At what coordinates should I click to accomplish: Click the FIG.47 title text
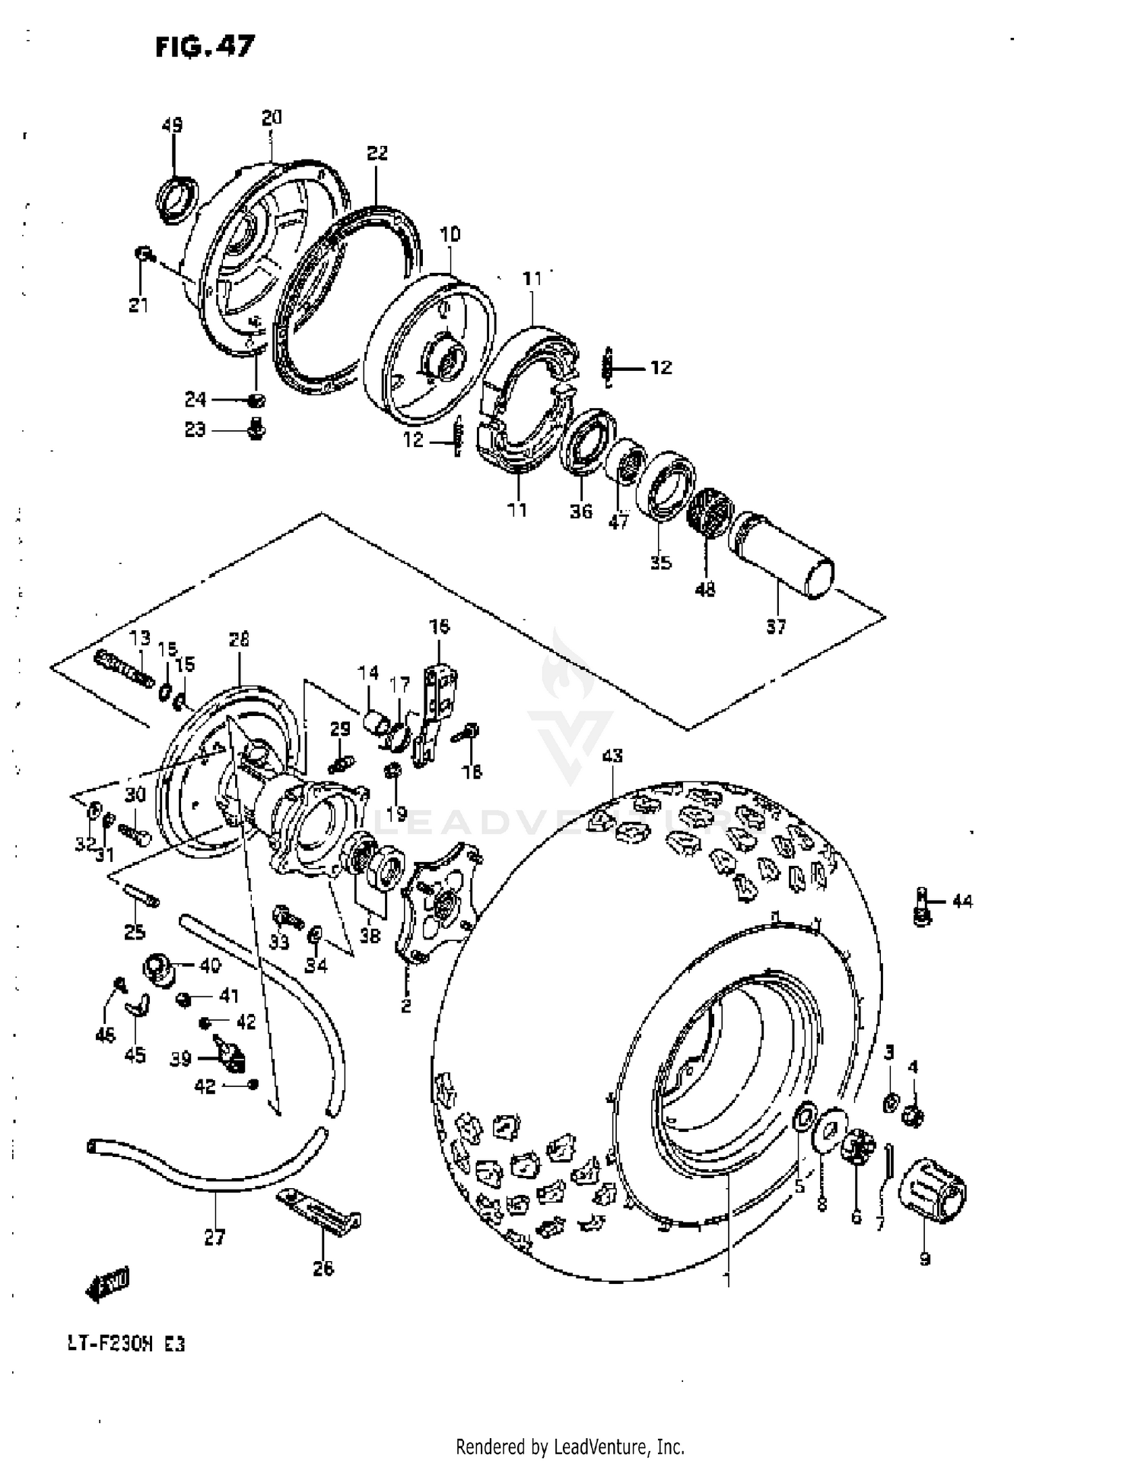[x=205, y=47]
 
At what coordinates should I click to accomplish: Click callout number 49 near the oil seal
[x=173, y=125]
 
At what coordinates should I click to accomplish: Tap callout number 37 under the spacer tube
[x=775, y=627]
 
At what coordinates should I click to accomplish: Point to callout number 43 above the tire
[x=612, y=756]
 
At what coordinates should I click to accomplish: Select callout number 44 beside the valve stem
[x=961, y=902]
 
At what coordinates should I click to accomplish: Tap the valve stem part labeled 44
[x=923, y=907]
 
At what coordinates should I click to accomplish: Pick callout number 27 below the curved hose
[x=215, y=1238]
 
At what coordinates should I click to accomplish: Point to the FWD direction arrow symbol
[x=106, y=1285]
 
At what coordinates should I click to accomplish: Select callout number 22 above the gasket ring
[x=377, y=154]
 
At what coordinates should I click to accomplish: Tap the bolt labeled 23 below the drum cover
[x=257, y=429]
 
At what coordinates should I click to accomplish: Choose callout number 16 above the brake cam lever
[x=439, y=626]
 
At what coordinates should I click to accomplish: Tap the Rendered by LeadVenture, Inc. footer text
[x=570, y=1446]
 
